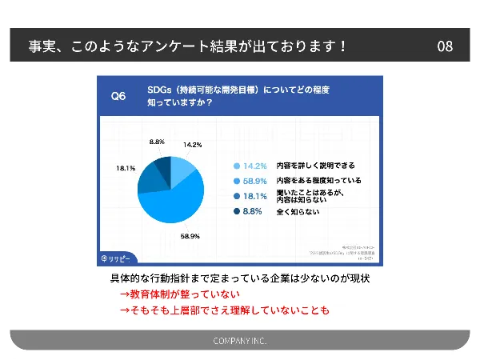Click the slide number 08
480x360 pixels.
tap(445, 46)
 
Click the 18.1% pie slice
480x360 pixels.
tap(150, 178)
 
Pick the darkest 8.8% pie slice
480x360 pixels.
tap(163, 166)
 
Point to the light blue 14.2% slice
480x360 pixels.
tap(182, 168)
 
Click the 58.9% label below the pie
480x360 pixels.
tap(190, 237)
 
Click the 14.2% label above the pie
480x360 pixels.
tap(192, 145)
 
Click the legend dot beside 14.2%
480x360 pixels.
tap(237, 166)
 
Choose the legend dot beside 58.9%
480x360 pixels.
tap(237, 181)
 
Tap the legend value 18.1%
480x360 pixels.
tap(255, 196)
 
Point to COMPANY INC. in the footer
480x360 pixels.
tap(240, 341)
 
